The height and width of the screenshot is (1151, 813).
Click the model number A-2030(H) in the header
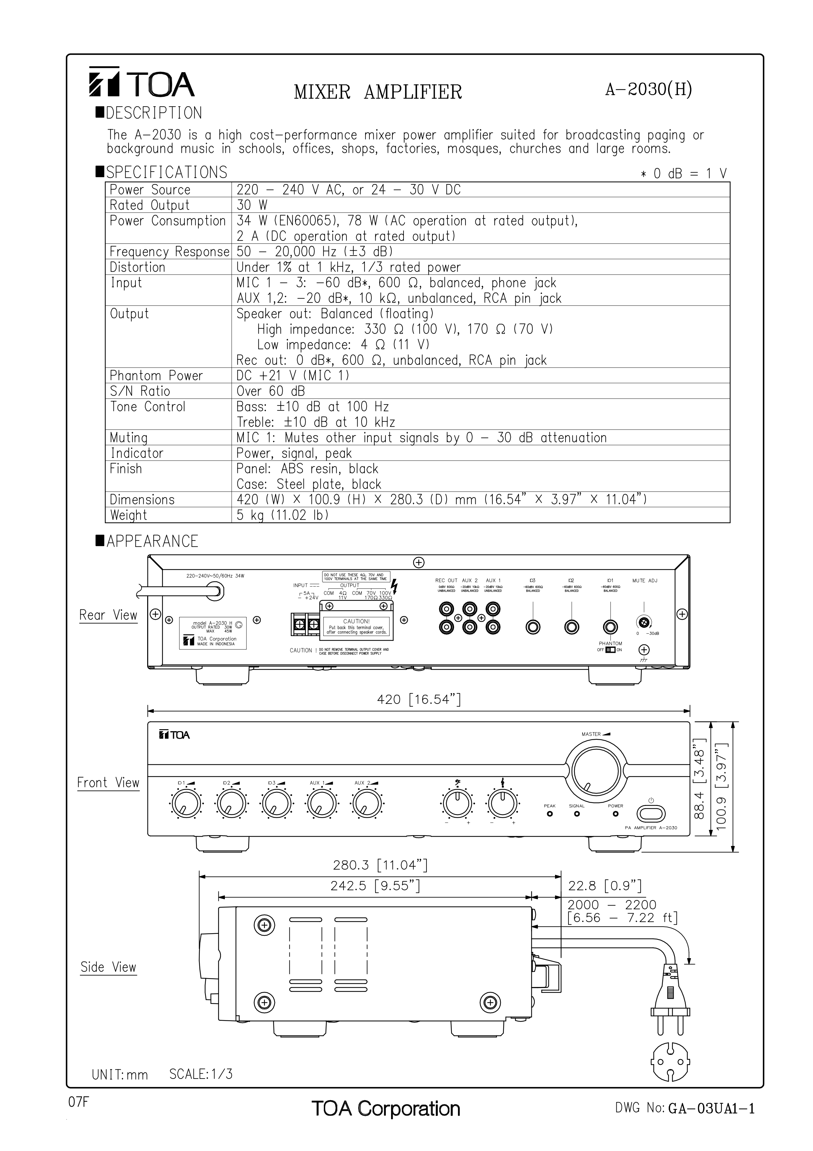[648, 90]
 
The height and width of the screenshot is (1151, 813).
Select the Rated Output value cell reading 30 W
[252, 205]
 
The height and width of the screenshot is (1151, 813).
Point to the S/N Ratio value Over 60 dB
[270, 391]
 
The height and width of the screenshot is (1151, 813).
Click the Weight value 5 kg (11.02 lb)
[283, 515]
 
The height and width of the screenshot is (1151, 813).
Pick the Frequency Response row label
[169, 252]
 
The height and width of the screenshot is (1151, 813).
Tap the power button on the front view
[651, 813]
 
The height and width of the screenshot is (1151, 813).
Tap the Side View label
[108, 967]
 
